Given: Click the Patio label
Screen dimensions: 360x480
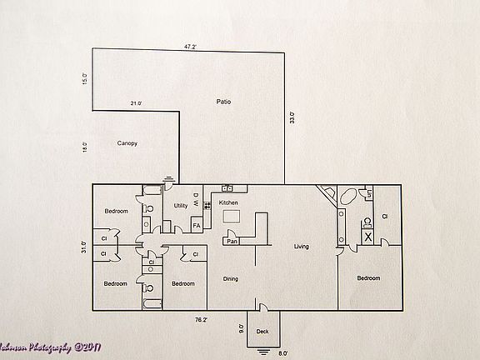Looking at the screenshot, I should point(223,102).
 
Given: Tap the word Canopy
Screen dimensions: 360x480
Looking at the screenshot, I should point(127,143).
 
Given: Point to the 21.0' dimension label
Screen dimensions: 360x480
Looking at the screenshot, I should point(136,103).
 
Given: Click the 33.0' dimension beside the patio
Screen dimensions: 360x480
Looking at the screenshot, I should point(292,117).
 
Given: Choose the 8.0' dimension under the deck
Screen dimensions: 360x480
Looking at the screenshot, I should point(282,352).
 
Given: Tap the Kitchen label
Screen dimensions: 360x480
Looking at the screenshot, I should point(228,202).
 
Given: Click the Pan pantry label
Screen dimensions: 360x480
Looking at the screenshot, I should point(232,242).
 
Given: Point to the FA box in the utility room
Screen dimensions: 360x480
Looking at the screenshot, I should point(197,225).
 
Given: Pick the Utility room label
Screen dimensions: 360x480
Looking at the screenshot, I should point(181,205).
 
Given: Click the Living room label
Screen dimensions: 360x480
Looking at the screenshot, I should point(302,246).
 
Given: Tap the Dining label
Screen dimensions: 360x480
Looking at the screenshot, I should point(231,278).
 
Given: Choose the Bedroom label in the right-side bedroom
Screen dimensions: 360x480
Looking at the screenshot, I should point(368,277).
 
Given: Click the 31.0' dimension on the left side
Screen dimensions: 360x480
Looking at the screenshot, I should point(83,247).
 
